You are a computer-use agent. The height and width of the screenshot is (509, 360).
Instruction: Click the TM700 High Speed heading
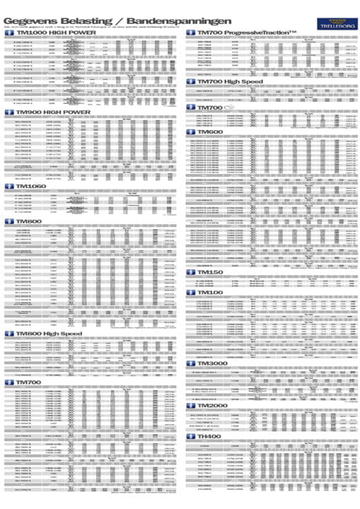233,82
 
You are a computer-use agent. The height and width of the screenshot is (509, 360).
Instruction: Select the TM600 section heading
212,132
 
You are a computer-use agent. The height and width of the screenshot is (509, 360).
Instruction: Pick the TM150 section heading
212,272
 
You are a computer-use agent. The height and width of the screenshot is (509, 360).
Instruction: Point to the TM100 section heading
212,292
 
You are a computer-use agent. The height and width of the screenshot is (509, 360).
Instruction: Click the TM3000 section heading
216,363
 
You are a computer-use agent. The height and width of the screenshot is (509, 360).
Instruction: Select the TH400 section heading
212,438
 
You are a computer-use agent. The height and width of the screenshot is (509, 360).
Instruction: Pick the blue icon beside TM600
190,132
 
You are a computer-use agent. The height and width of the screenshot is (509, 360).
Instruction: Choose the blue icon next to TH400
190,438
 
